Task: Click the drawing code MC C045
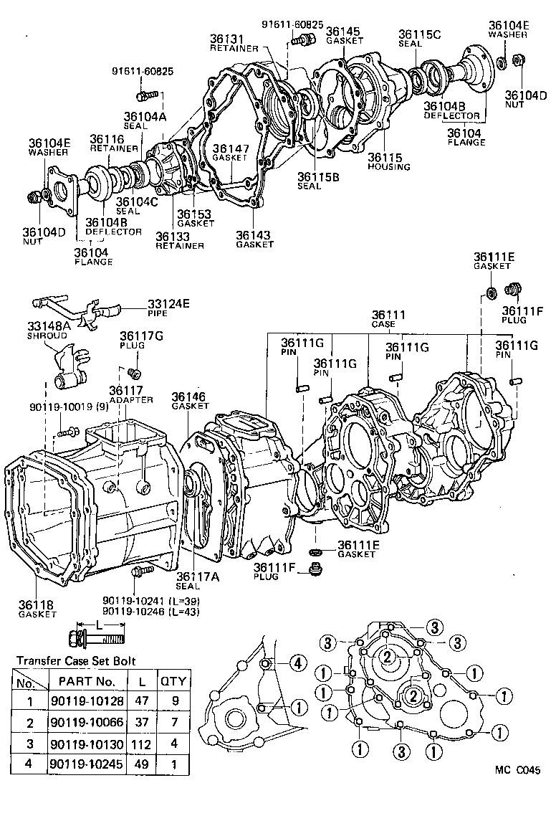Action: click(517, 771)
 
